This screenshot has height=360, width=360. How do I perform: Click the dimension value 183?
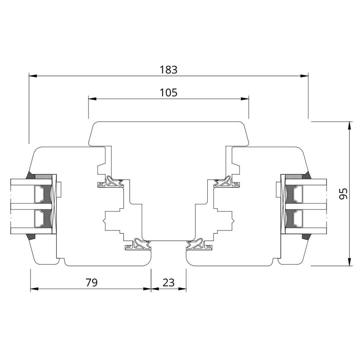(169, 70)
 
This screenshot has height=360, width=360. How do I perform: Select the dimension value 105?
(169, 93)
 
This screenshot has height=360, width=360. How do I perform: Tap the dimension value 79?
(92, 282)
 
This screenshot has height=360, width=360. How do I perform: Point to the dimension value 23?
(169, 282)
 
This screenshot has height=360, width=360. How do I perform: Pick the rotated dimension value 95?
(343, 194)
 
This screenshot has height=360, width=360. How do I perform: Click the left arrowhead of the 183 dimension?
(33, 76)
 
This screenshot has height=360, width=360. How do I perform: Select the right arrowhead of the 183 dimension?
(304, 76)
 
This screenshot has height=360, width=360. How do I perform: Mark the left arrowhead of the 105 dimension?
(92, 99)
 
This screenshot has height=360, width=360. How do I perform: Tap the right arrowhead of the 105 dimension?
(245, 99)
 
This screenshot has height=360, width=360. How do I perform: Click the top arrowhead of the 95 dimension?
(349, 125)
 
